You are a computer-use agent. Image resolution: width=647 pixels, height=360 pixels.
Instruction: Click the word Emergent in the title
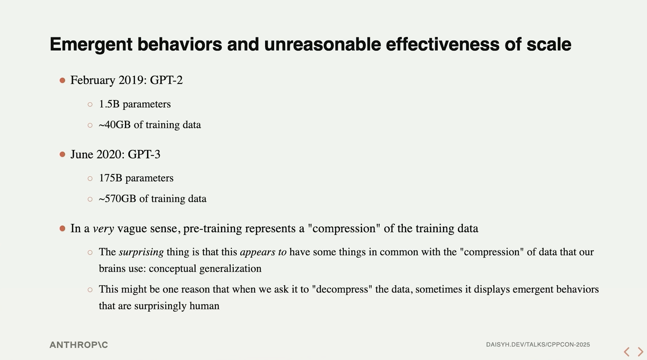(x=91, y=45)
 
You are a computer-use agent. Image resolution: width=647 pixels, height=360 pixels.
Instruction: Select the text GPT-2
(x=166, y=80)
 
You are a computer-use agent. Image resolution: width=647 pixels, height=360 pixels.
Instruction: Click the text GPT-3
(x=144, y=154)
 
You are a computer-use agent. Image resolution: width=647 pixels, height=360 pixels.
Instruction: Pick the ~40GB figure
(x=115, y=125)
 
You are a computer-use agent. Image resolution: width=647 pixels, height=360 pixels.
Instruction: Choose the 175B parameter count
(x=111, y=178)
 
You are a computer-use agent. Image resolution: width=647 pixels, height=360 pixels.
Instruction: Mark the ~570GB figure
(x=117, y=199)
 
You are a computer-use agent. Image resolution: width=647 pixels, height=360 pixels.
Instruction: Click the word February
(x=93, y=81)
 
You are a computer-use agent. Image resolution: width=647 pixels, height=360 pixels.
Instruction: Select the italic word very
(x=104, y=229)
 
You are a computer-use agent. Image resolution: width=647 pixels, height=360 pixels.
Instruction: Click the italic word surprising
(x=141, y=252)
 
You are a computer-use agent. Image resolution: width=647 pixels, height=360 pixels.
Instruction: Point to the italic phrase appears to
(x=263, y=252)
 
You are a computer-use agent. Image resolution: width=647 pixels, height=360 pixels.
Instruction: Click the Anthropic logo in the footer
(x=79, y=345)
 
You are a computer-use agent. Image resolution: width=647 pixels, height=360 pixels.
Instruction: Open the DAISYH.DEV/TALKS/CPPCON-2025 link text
(x=538, y=344)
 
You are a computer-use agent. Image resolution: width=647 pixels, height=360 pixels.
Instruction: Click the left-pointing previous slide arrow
(x=626, y=352)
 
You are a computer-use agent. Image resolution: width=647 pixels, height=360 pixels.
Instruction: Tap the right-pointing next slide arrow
(x=640, y=352)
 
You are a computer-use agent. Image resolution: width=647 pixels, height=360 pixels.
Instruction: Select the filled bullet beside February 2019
(x=63, y=81)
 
